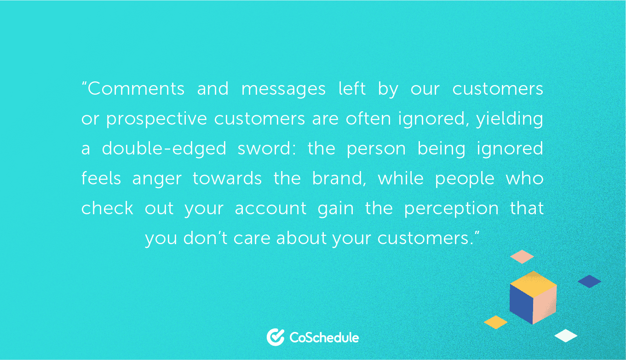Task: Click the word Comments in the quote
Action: coord(136,89)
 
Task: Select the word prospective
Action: coord(156,120)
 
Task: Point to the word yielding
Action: coord(510,120)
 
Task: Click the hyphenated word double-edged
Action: coord(164,149)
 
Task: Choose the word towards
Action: coord(227,178)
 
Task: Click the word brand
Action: coord(339,178)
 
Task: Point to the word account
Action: coord(270,209)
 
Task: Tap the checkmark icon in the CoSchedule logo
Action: coord(276,337)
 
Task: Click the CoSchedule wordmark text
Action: coord(324,337)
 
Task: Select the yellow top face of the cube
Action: coord(533,284)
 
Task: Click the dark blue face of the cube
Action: coord(521,304)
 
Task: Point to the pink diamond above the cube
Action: coord(522,257)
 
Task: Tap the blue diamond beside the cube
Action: coord(589,281)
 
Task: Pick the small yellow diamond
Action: coord(495,322)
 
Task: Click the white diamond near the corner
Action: coord(566,336)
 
